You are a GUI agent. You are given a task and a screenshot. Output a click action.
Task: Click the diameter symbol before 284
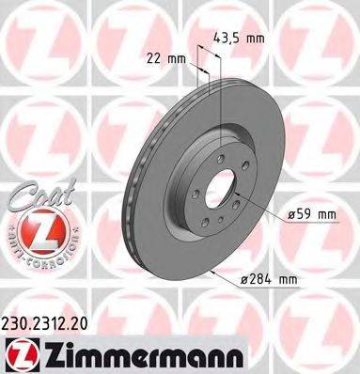pyautogui.click(x=249, y=280)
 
